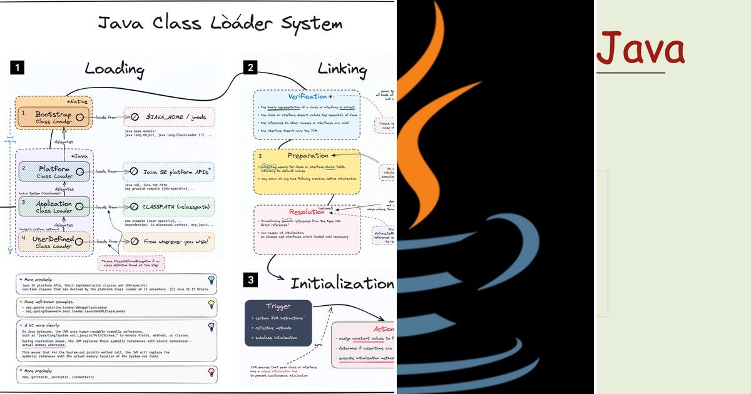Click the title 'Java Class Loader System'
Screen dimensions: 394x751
pyautogui.click(x=220, y=24)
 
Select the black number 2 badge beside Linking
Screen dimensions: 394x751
pyautogui.click(x=250, y=68)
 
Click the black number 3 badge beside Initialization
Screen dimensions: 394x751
pyautogui.click(x=250, y=280)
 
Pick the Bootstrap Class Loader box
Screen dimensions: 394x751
pyautogui.click(x=53, y=118)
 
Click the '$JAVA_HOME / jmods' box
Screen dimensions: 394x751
pyautogui.click(x=169, y=117)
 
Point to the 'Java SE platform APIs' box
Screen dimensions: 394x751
pyautogui.click(x=169, y=171)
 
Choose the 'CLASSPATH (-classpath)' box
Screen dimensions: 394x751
pyautogui.click(x=169, y=206)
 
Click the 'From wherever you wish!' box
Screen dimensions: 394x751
pyautogui.click(x=169, y=241)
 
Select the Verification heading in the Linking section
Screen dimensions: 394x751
pyautogui.click(x=307, y=96)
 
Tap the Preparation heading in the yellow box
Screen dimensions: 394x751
pyautogui.click(x=307, y=155)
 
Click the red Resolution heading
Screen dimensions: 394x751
pyautogui.click(x=307, y=212)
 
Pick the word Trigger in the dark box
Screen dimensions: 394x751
pyautogui.click(x=278, y=307)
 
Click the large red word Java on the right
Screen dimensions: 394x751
pyautogui.click(x=640, y=49)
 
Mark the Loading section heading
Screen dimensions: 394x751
pyautogui.click(x=115, y=68)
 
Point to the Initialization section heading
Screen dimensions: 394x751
pyautogui.click(x=342, y=283)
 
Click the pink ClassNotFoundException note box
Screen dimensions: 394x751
pyautogui.click(x=131, y=263)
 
